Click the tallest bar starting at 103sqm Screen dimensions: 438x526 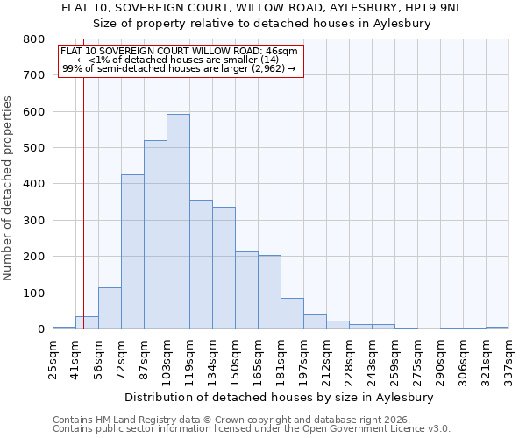(178, 222)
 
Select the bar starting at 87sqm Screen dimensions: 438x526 (155, 235)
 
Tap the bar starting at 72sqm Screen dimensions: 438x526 (132, 251)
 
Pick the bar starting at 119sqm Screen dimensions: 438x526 (201, 265)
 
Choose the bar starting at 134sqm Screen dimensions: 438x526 (224, 268)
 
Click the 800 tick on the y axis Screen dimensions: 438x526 (34, 39)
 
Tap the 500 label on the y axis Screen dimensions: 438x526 (34, 148)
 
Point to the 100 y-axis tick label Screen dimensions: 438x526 (34, 293)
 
